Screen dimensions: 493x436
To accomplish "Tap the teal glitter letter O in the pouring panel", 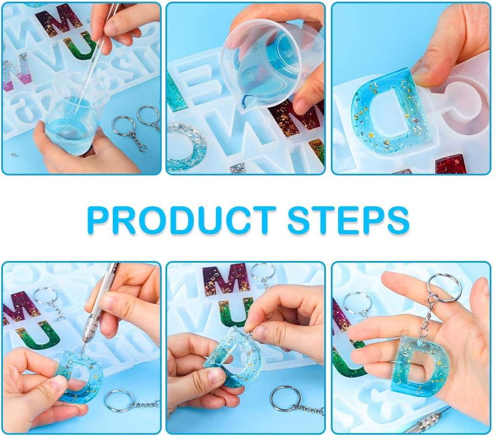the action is (185, 146).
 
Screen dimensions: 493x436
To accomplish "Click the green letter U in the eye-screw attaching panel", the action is (235, 312).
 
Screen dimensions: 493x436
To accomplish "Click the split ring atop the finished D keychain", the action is (444, 288).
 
